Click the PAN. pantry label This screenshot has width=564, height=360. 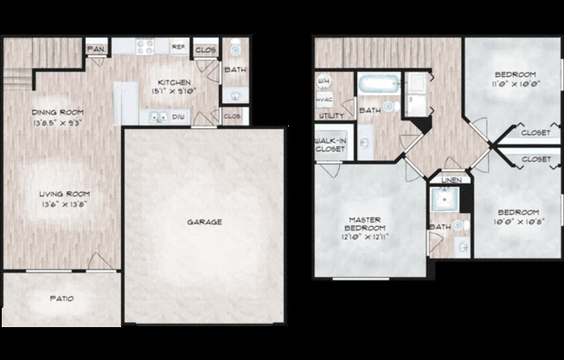coord(96,49)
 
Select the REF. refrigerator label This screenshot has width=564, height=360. coord(178,48)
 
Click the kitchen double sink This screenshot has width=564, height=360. coord(157,115)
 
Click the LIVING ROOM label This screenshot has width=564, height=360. coord(65,194)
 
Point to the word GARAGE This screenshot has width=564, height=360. coord(204,222)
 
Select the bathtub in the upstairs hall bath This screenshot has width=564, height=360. coord(378,86)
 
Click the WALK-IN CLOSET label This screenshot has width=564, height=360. coord(330,145)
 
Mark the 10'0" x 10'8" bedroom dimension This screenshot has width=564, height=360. coord(517,221)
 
